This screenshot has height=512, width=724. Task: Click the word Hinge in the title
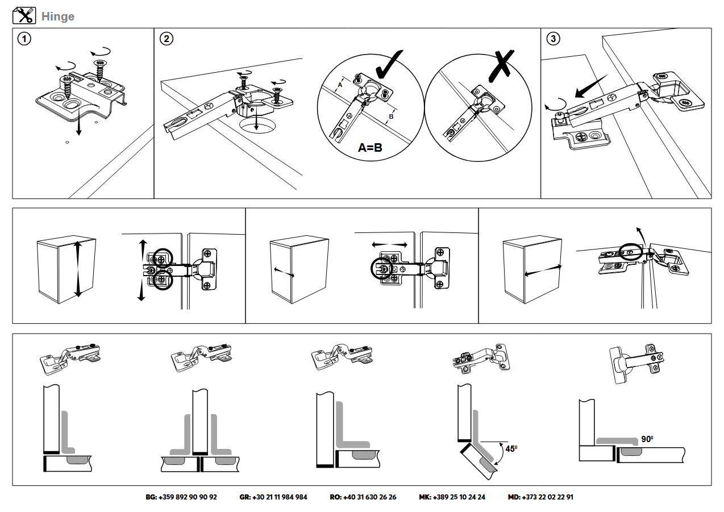point(58,16)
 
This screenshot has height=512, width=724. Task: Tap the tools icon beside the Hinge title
point(24,16)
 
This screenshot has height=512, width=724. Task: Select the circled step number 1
point(24,39)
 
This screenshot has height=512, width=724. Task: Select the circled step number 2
point(166,39)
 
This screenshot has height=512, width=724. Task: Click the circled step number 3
point(553,39)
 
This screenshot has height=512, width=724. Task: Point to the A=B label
point(370,148)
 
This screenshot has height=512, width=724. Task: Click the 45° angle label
point(511,449)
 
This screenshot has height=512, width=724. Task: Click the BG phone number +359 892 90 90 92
point(181,497)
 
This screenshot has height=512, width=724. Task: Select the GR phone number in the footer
point(273,497)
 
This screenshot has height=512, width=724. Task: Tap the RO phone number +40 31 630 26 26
point(363,497)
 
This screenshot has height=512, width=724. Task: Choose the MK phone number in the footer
point(452,497)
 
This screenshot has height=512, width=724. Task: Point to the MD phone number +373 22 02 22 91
point(540,497)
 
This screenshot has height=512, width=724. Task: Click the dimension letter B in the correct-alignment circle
point(390,118)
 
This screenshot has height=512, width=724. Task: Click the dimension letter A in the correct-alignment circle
point(339,85)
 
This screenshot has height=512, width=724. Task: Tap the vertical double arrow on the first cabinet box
point(78,269)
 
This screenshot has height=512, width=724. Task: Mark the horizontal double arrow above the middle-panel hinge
point(389,244)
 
